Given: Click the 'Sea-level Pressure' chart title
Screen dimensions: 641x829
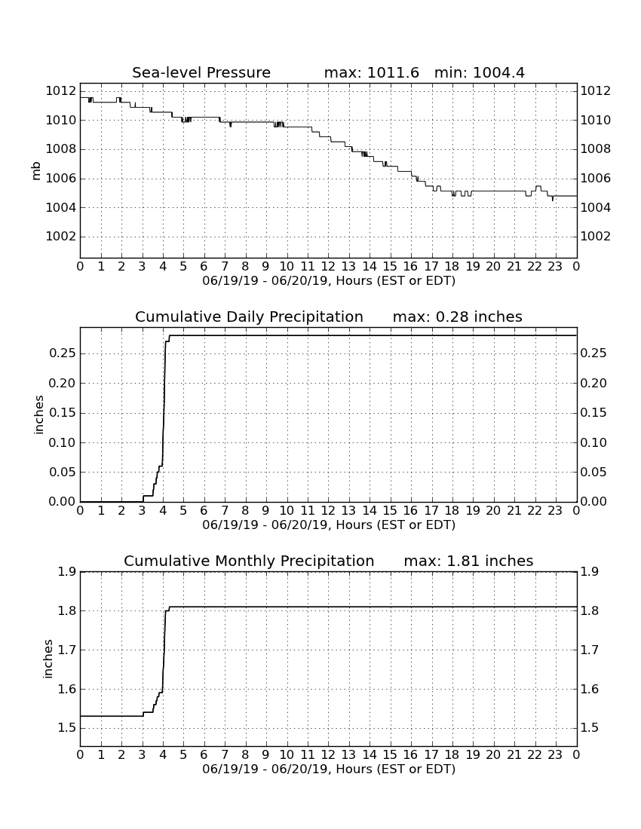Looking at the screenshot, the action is (x=201, y=72).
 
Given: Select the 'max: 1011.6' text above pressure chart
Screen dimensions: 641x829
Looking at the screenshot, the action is (x=371, y=72).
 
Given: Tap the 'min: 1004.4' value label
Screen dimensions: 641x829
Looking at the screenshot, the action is (x=480, y=72).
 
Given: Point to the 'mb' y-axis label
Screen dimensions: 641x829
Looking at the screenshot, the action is (x=36, y=171).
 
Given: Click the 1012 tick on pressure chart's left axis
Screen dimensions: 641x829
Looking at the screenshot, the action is (x=61, y=91).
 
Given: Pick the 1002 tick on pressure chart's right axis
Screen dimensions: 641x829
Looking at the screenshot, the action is (x=596, y=237).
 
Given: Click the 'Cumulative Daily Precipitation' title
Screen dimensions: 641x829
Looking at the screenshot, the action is (x=249, y=317).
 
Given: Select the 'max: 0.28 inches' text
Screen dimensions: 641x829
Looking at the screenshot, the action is (x=458, y=317).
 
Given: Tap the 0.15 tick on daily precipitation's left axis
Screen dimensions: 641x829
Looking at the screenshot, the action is (x=63, y=413).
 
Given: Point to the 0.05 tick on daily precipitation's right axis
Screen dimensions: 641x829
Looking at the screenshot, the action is (x=593, y=472).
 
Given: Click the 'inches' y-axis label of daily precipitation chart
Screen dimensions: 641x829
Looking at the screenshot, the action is (x=38, y=415).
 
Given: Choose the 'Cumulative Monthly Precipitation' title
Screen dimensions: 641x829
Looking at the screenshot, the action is (x=249, y=561).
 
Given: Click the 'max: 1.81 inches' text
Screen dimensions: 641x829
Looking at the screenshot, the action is (x=468, y=561).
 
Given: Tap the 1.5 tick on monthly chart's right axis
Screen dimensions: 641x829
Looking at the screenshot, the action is (x=590, y=728).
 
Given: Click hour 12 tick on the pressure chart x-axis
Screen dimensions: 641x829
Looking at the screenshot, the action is (x=328, y=266).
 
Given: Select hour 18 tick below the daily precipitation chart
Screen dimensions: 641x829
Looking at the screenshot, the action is (x=452, y=510).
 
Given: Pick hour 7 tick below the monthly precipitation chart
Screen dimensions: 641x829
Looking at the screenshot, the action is (x=225, y=754).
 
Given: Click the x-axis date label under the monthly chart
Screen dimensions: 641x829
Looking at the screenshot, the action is (x=329, y=769).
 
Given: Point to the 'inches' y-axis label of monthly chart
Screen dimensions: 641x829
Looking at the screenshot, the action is (x=48, y=659).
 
